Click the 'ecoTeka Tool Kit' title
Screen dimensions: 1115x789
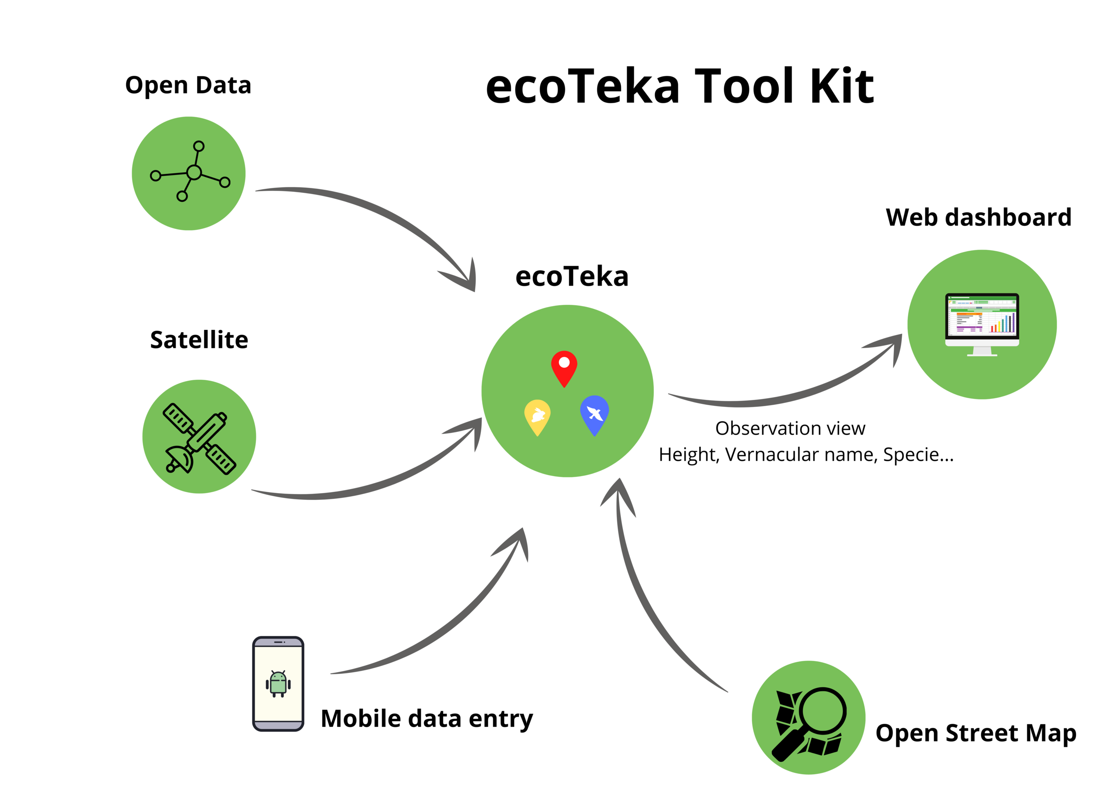[x=679, y=87]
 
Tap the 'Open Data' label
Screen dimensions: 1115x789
[x=188, y=86]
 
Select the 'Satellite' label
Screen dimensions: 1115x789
[x=199, y=340]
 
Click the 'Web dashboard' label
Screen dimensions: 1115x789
[x=978, y=217]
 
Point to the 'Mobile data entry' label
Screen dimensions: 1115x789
[x=427, y=718]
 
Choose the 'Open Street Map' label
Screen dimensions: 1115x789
[x=976, y=733]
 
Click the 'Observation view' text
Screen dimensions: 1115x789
[x=790, y=428]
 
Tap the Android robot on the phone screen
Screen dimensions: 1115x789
[x=278, y=684]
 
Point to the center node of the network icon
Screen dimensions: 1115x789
[x=194, y=172]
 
